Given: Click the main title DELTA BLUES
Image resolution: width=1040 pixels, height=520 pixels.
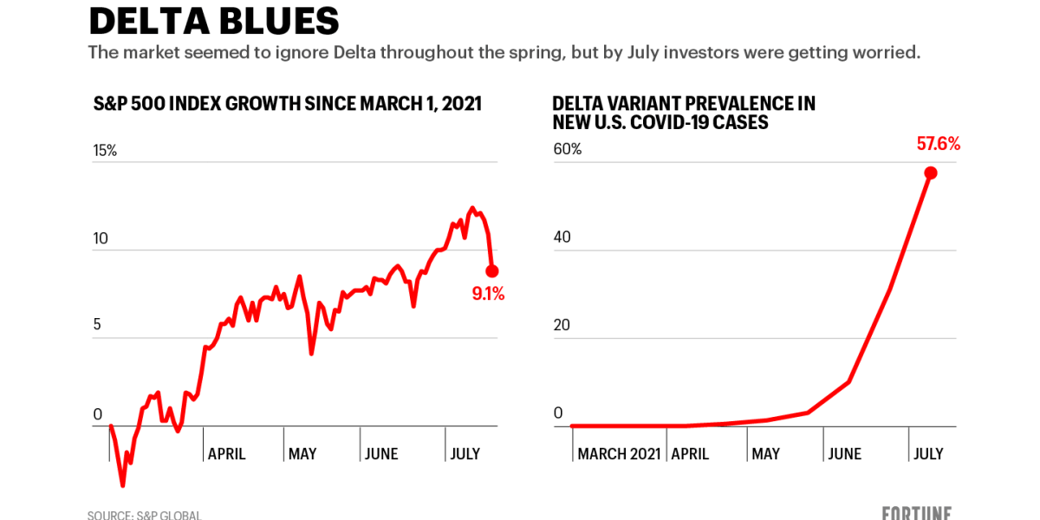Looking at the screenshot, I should click(x=214, y=21).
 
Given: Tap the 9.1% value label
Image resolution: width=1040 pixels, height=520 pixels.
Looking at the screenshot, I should click(x=488, y=294).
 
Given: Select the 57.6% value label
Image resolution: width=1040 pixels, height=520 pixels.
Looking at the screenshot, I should click(x=939, y=144).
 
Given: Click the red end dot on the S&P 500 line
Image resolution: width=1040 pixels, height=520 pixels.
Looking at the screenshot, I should click(x=492, y=271).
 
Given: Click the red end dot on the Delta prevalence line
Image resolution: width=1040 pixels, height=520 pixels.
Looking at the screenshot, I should click(x=931, y=172).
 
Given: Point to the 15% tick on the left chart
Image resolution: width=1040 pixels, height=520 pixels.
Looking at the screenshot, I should click(x=105, y=151).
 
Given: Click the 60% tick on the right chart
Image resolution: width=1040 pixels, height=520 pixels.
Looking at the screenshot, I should click(x=568, y=149).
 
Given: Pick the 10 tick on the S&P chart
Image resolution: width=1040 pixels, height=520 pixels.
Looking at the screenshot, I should click(x=101, y=238).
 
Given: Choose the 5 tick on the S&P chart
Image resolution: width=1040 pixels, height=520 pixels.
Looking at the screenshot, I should click(x=97, y=325).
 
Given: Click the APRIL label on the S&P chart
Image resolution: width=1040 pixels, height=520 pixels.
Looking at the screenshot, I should click(x=227, y=453).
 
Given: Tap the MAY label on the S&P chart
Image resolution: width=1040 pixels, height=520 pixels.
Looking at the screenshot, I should click(x=302, y=453).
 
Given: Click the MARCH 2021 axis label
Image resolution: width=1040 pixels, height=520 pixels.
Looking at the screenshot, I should click(x=619, y=453).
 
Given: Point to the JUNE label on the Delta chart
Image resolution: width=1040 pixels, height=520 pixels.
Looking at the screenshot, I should click(x=844, y=453).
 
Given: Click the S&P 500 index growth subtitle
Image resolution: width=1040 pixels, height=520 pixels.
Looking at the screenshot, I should click(x=287, y=104).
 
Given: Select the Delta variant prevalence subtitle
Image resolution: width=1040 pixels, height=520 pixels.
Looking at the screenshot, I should click(x=683, y=113).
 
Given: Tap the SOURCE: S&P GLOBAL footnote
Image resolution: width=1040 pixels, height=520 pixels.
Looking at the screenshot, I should click(x=144, y=515).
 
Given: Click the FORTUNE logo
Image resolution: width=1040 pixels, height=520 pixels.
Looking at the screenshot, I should click(x=916, y=513).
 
